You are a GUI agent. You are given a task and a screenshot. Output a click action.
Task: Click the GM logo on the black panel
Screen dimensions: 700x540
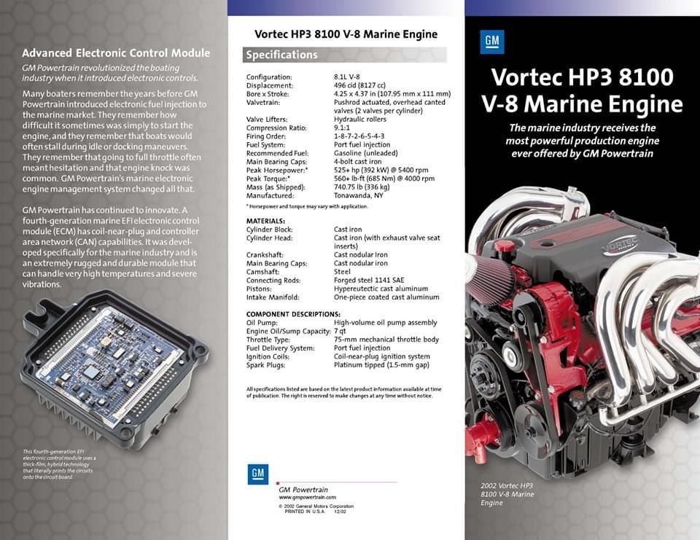click(492, 42)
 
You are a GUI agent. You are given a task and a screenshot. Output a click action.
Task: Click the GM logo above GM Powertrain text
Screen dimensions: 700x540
click(258, 474)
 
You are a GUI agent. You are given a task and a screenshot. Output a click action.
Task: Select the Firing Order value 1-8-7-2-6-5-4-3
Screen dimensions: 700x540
click(359, 136)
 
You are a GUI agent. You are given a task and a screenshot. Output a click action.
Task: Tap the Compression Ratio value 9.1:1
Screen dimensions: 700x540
click(342, 128)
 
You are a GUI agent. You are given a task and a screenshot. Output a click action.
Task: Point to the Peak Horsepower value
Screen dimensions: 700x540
click(381, 170)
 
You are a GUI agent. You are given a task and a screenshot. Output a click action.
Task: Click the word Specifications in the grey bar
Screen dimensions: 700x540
click(281, 55)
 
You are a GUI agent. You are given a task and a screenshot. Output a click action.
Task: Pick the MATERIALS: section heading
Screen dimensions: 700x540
click(265, 221)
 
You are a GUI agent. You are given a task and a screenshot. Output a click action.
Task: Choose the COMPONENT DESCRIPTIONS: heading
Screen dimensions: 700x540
click(293, 314)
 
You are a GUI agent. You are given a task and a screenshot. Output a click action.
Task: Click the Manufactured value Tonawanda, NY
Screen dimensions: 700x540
click(359, 195)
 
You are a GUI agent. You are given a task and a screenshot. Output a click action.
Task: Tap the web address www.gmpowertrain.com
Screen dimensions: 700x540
click(307, 497)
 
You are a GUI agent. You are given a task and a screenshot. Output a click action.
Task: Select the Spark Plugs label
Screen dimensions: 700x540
click(265, 365)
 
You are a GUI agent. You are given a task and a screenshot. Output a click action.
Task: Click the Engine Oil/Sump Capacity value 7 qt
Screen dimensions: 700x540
click(340, 331)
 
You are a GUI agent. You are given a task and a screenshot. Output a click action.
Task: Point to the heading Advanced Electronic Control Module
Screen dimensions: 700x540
click(116, 53)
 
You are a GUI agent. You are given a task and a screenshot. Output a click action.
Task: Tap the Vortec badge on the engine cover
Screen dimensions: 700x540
click(621, 246)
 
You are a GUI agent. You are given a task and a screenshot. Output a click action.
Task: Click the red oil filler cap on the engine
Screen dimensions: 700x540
click(504, 246)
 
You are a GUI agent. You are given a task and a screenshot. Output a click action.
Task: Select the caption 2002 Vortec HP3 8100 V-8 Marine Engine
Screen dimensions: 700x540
click(507, 494)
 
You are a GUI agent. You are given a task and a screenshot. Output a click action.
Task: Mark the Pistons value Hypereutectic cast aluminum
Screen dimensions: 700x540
click(381, 289)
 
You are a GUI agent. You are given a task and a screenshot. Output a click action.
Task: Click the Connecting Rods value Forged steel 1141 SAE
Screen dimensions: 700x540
click(369, 281)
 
